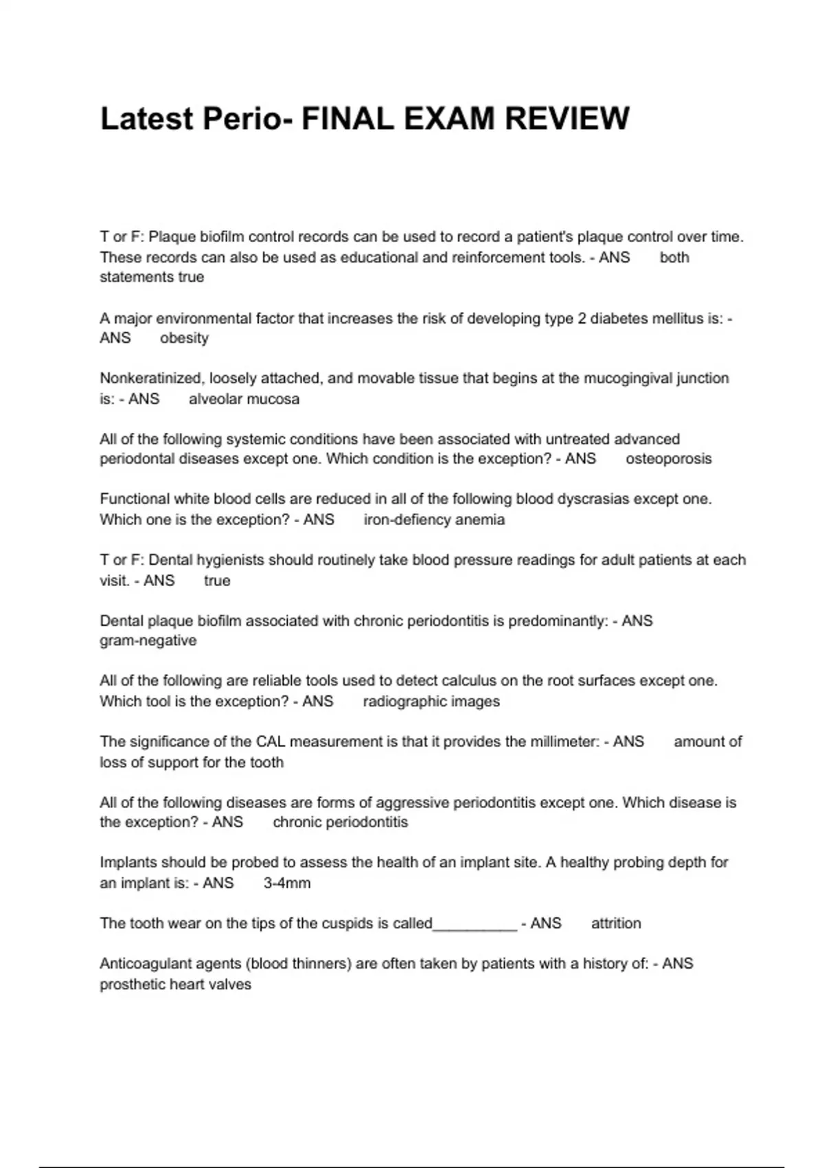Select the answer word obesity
pyautogui.click(x=184, y=338)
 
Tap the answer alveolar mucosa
pyautogui.click(x=244, y=399)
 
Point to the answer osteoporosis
pyautogui.click(x=668, y=459)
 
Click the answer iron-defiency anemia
pyautogui.click(x=434, y=519)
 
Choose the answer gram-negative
pyautogui.click(x=148, y=641)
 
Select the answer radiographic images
pyautogui.click(x=431, y=701)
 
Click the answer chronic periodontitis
pyautogui.click(x=340, y=822)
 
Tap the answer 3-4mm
pyautogui.click(x=287, y=883)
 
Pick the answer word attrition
pyautogui.click(x=616, y=923)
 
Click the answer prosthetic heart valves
pyautogui.click(x=176, y=985)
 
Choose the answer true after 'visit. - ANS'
pyautogui.click(x=217, y=581)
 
